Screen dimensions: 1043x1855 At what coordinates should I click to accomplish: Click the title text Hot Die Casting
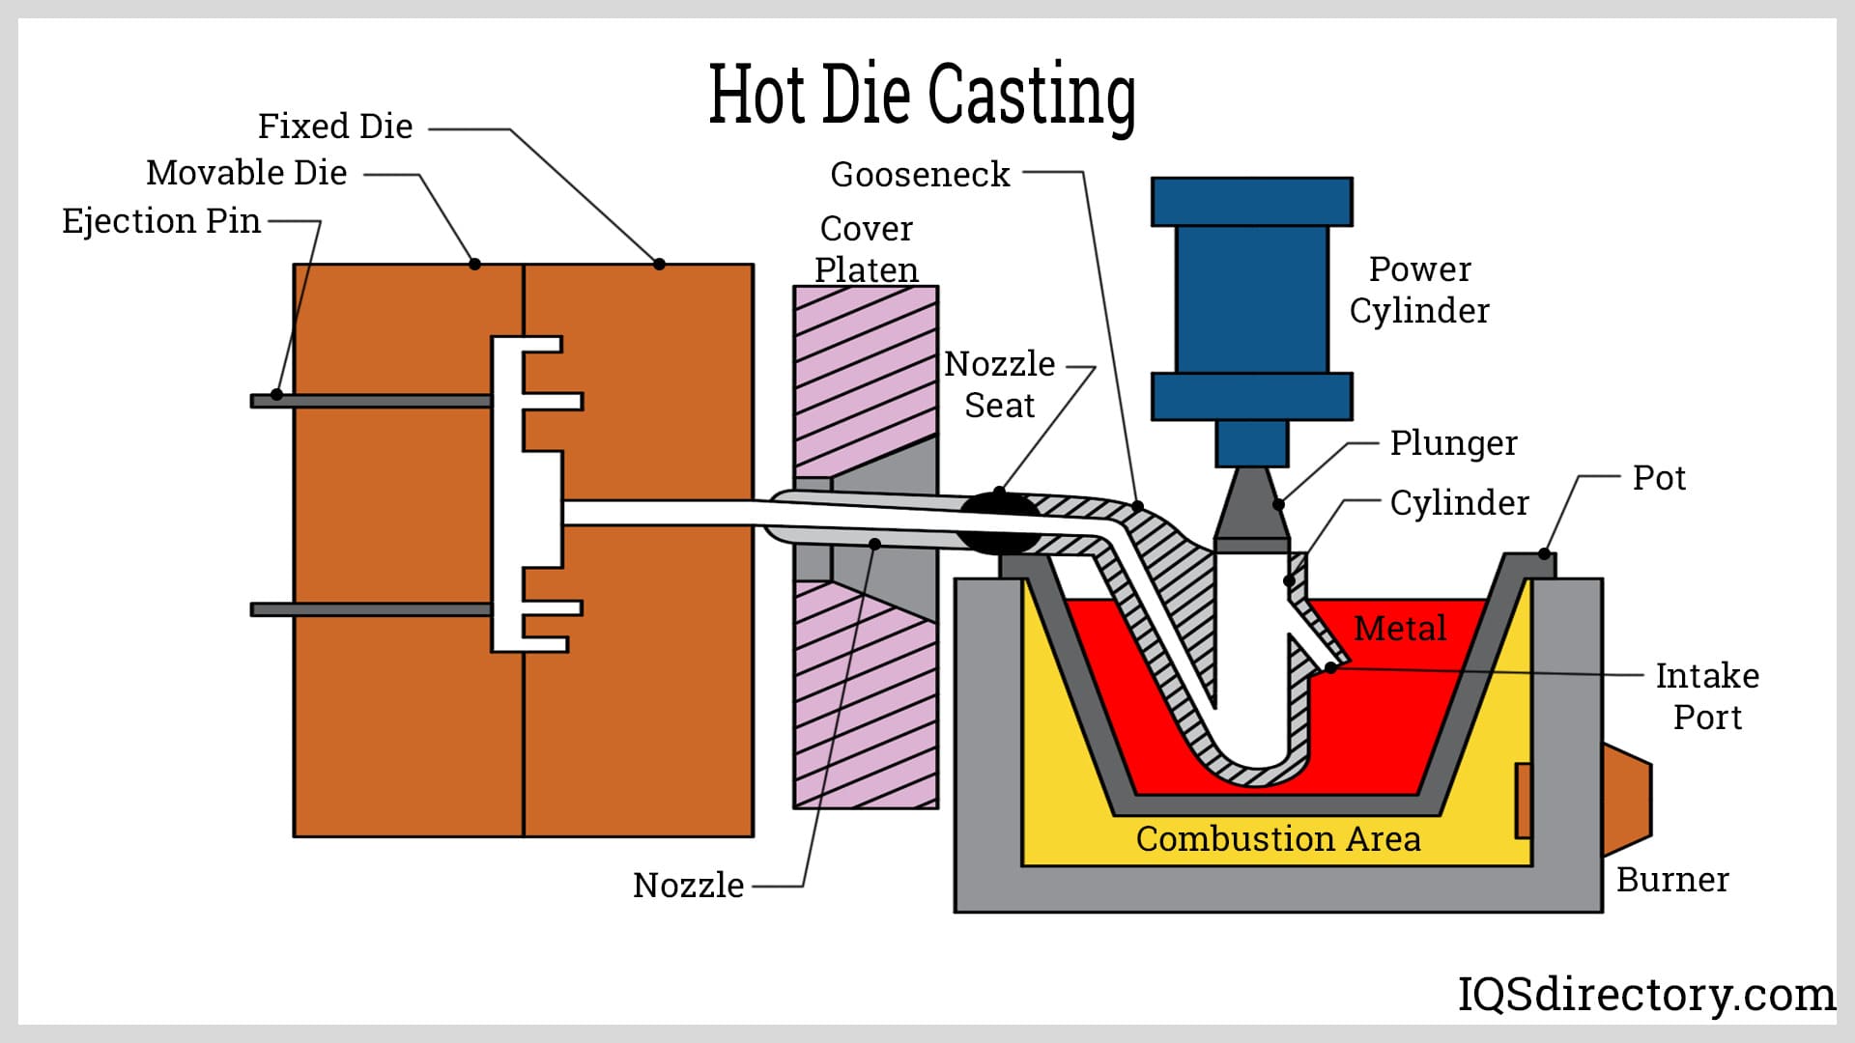click(x=922, y=95)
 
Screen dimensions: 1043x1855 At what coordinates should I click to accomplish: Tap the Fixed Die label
click(x=335, y=127)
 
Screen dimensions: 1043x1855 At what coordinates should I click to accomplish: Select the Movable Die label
click(x=246, y=173)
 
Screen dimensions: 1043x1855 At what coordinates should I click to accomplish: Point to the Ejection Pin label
click(x=161, y=221)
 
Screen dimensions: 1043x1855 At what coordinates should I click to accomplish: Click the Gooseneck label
click(x=920, y=175)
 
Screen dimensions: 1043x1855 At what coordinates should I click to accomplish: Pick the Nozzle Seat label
click(x=1000, y=384)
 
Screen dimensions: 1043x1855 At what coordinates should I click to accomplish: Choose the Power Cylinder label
click(x=1419, y=290)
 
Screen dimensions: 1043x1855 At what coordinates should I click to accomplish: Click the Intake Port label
click(x=1707, y=696)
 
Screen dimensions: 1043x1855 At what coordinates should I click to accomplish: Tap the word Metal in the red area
click(x=1400, y=629)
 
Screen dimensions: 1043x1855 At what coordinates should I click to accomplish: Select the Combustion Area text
click(x=1278, y=839)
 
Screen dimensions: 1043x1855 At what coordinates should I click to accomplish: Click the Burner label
click(x=1672, y=880)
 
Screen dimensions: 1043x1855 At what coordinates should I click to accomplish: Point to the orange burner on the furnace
click(x=1627, y=800)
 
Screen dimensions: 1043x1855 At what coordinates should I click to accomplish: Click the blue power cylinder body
click(x=1251, y=299)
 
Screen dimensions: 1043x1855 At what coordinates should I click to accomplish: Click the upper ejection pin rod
click(x=371, y=401)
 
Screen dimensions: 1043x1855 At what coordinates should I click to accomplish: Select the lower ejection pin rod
click(x=371, y=609)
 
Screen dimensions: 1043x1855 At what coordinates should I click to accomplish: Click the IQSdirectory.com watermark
click(x=1646, y=995)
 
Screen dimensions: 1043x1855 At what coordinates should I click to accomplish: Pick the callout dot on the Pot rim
click(x=1544, y=554)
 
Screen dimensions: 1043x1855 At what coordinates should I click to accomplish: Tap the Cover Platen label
click(x=867, y=249)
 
